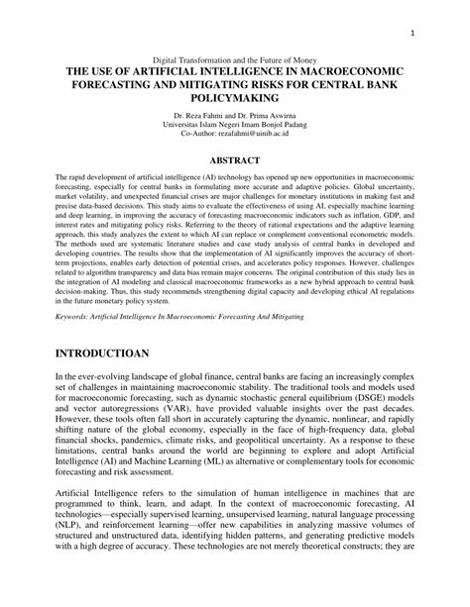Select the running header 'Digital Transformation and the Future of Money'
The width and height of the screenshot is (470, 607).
235,58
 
